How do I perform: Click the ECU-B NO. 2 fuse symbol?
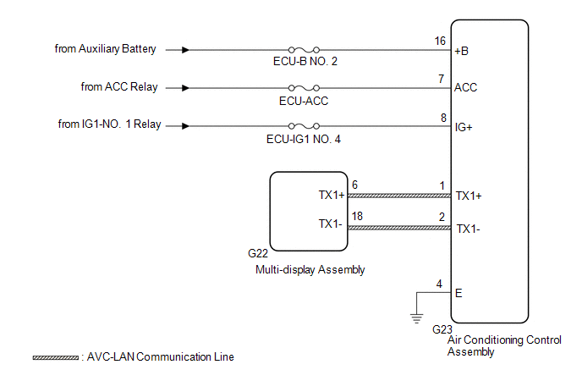304,50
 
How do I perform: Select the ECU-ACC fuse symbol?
304,88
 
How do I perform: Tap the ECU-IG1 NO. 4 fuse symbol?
304,126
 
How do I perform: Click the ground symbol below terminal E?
415,317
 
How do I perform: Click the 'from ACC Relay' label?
119,87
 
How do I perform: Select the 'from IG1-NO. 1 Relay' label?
110,125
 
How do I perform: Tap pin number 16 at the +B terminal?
440,40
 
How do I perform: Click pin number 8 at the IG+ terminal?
442,117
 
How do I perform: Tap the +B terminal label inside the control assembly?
464,50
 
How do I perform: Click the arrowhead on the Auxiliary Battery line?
184,50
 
